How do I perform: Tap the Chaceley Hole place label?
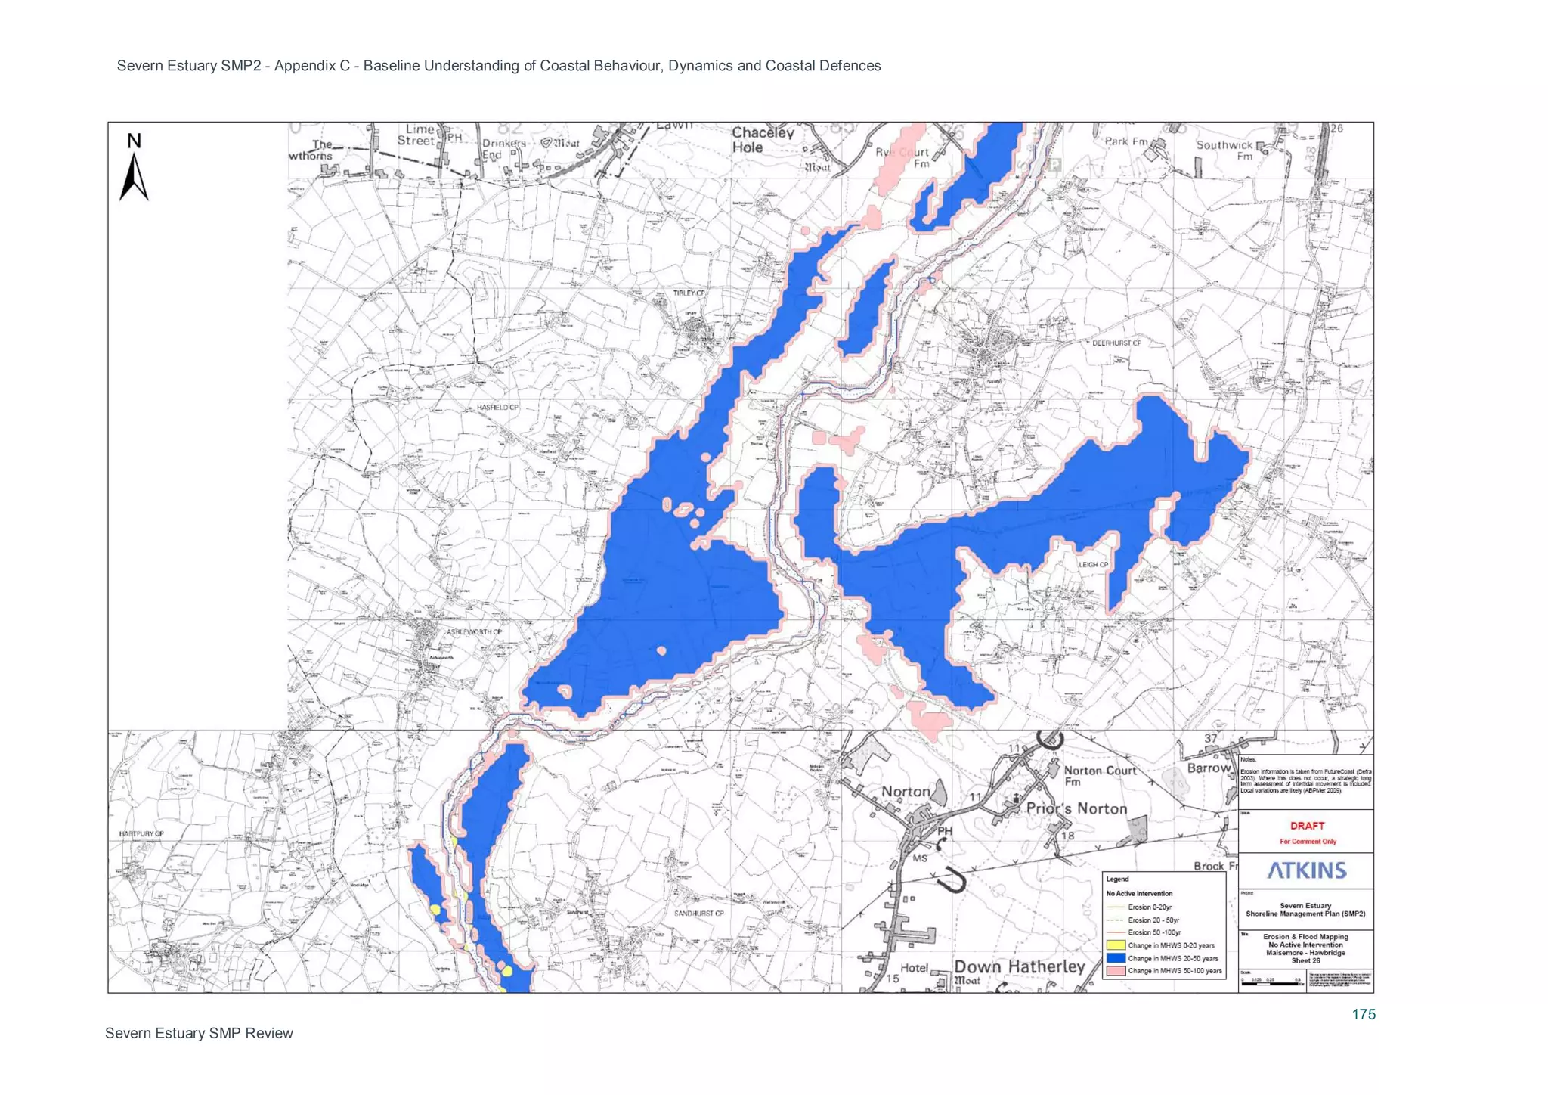(762, 140)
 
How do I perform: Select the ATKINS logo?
(1307, 870)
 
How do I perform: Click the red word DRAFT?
(1307, 826)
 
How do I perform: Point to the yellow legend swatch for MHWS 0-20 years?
(1116, 945)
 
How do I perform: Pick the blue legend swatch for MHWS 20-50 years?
(1116, 958)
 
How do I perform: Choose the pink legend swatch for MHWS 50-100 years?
(1116, 971)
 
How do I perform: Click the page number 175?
(1364, 1015)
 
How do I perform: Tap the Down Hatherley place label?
(1019, 967)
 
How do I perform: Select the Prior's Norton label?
(1076, 808)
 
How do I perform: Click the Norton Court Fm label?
(1100, 775)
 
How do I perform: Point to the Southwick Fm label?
(1224, 150)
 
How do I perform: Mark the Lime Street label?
(416, 135)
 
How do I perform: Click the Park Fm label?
(1125, 141)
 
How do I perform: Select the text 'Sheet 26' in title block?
(1305, 960)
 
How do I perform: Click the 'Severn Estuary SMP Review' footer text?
(199, 1034)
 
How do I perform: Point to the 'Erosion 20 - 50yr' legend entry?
(1153, 920)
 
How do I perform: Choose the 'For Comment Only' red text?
(1308, 842)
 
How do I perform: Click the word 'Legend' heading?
(1117, 879)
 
